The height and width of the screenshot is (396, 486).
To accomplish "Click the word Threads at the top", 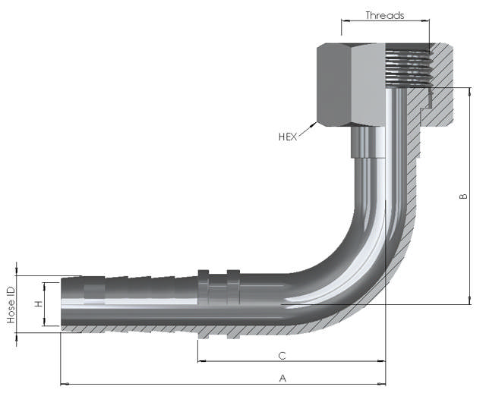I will tap(385, 15).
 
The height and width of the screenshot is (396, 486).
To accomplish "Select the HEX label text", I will tap(288, 137).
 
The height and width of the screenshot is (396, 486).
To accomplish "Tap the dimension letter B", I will tap(462, 196).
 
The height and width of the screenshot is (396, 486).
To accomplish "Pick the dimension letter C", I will tap(282, 355).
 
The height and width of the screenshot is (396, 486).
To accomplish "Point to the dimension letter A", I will tap(282, 377).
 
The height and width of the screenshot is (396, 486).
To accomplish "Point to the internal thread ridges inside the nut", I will tap(406, 67).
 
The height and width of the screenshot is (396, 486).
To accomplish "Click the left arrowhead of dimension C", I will tap(201, 361).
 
